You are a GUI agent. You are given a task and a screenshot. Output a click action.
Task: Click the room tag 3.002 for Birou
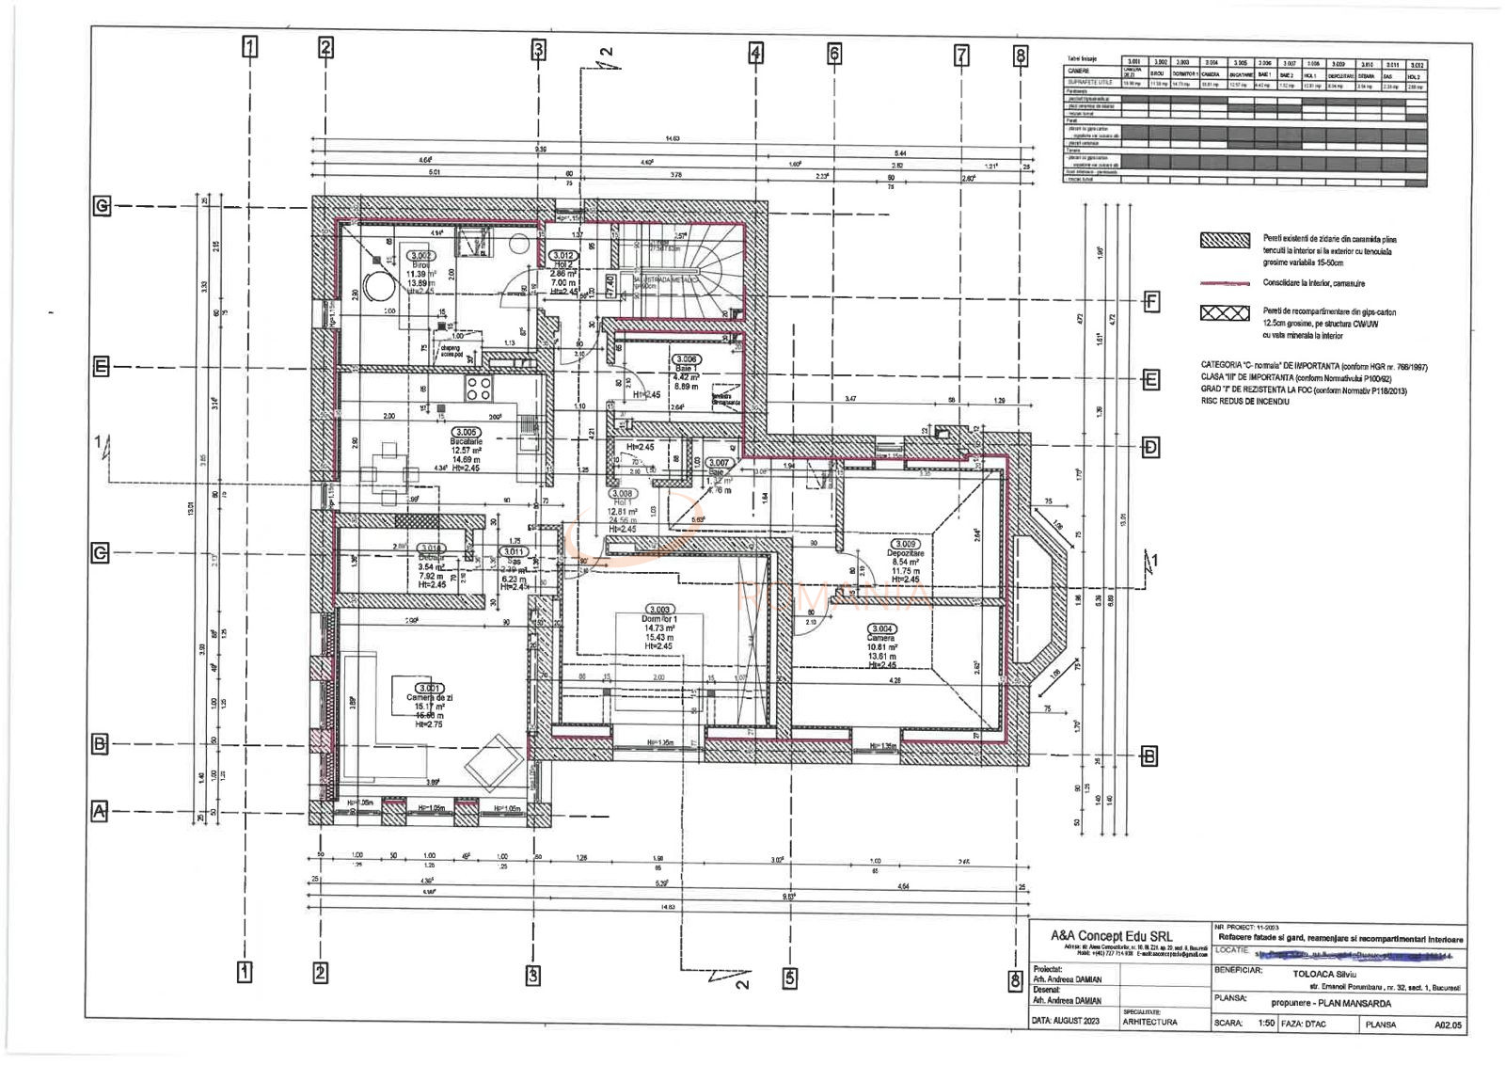(x=420, y=255)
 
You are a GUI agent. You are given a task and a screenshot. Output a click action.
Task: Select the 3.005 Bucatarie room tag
(x=466, y=432)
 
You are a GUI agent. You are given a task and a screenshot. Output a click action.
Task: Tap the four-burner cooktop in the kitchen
(x=477, y=387)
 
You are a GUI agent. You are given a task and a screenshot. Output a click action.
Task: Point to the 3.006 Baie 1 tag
(x=686, y=358)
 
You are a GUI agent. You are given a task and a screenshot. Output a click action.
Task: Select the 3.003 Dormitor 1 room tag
(x=659, y=610)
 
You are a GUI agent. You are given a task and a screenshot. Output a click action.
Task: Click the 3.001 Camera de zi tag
(x=429, y=688)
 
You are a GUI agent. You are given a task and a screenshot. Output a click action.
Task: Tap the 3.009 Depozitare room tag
(x=905, y=544)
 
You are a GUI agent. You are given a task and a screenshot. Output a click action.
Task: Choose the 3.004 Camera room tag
(x=881, y=628)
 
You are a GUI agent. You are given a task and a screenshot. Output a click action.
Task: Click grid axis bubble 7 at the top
(x=961, y=56)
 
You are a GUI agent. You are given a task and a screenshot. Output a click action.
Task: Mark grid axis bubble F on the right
(x=1151, y=302)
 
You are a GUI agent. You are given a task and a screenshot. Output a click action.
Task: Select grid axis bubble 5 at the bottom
(x=789, y=978)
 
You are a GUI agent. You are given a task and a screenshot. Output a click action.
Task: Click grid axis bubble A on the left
(x=100, y=810)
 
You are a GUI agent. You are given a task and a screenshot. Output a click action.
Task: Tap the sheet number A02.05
(x=1448, y=1025)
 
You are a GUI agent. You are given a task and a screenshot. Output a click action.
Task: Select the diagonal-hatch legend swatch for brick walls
(x=1225, y=240)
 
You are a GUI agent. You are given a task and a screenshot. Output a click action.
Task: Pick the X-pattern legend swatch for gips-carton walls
(x=1225, y=313)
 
